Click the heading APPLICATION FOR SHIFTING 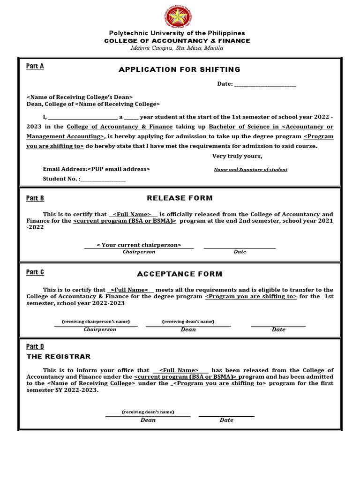(180, 69)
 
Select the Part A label (35, 66)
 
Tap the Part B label (35, 198)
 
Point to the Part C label (35, 272)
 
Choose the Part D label (35, 346)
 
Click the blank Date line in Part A (265, 84)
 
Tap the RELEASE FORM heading (180, 198)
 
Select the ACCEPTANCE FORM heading (180, 274)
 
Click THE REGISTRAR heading (59, 357)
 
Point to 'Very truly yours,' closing (237, 156)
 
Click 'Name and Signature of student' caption (251, 169)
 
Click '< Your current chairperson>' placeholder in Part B (139, 245)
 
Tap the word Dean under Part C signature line (188, 330)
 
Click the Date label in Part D (226, 420)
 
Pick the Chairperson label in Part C (100, 330)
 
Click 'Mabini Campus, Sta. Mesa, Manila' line (177, 48)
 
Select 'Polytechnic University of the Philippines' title (177, 33)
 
